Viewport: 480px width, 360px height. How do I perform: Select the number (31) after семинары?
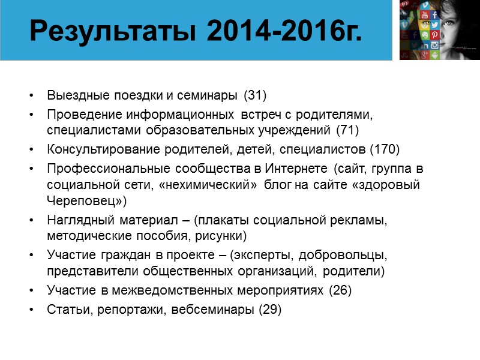[x=255, y=95]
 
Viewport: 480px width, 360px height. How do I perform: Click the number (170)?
[x=385, y=149]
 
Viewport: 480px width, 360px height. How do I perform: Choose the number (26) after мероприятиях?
[x=340, y=290]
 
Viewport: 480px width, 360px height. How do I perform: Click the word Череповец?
[x=83, y=200]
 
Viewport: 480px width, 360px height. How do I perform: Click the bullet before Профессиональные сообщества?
[x=31, y=169]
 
